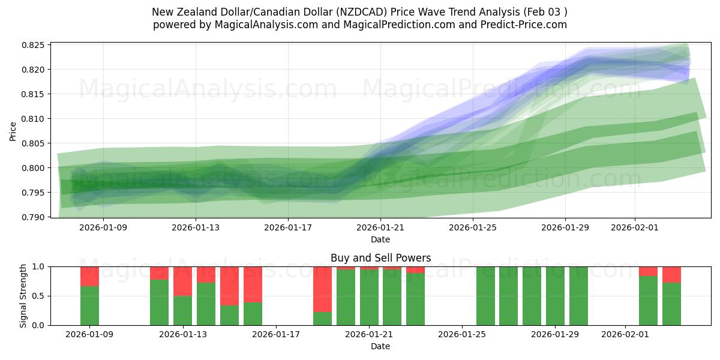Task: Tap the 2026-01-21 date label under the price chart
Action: pos(380,227)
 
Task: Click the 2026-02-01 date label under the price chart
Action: pos(635,227)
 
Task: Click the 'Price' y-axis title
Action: pos(13,130)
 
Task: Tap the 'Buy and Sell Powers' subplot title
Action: pos(380,258)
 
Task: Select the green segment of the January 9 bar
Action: pos(89,305)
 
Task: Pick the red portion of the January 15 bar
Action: pos(229,286)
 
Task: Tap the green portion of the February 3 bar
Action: pos(671,304)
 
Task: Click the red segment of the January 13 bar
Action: pos(182,281)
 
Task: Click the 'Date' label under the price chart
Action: pos(380,239)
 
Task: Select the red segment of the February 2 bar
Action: pos(648,271)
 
